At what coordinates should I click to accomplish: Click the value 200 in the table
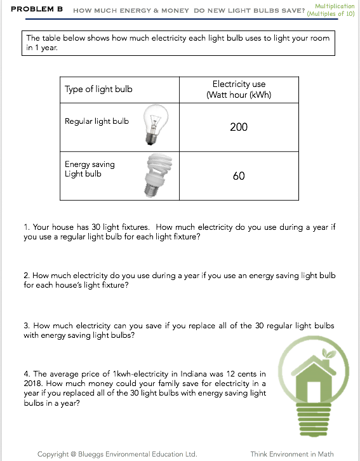[239, 127]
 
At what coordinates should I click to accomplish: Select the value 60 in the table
[239, 176]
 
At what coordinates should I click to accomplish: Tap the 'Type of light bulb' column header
[98, 89]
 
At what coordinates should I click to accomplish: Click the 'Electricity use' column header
[239, 90]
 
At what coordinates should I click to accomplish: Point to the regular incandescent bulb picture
[156, 124]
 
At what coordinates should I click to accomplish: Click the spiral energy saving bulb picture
[158, 175]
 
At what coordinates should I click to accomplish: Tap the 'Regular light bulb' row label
[97, 121]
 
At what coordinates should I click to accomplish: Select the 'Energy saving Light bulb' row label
[90, 169]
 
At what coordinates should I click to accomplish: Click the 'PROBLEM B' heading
[37, 9]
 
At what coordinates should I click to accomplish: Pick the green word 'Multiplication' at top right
[335, 6]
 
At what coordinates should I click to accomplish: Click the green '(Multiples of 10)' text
[331, 13]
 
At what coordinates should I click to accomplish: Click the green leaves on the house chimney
[329, 353]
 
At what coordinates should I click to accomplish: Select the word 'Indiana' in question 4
[193, 373]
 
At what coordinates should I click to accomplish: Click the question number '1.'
[27, 227]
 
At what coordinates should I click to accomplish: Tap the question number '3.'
[27, 326]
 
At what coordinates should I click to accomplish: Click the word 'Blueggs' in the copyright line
[91, 455]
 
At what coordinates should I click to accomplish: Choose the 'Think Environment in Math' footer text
[292, 454]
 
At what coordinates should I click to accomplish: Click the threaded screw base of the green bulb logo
[314, 420]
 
